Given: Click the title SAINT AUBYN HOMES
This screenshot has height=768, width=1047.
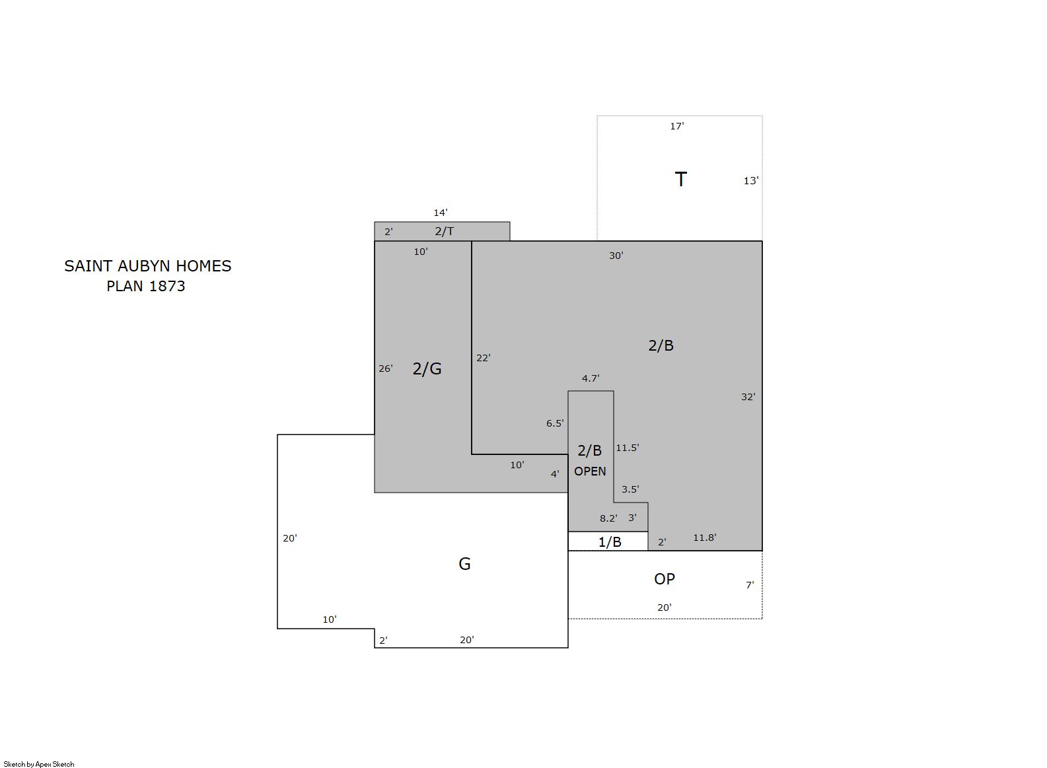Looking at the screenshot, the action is pos(148,266).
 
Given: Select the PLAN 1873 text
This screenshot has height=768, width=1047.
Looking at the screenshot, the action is pos(146,286).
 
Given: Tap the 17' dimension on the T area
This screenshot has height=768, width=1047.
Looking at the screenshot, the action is pos(677,126).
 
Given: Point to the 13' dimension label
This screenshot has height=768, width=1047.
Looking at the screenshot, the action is pos(750,181).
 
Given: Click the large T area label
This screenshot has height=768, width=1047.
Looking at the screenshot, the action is pos(680,180).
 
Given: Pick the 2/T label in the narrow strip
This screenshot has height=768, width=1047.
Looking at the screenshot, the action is pos(444,231).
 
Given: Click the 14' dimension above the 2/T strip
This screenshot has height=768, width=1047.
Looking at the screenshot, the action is pos(441,213).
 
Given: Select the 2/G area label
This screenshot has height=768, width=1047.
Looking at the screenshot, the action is pos(427,368).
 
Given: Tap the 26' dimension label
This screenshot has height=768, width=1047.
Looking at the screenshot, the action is pos(385,368).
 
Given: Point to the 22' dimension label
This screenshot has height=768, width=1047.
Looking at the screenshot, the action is pos(484,358).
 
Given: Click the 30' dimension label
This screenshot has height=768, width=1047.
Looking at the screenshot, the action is pos(616,256).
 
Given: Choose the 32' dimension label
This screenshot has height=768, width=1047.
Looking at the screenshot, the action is pos(748,397).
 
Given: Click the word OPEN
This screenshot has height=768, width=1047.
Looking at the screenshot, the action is pos(590,471).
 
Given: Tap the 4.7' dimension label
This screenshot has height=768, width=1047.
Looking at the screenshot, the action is pos(591,378).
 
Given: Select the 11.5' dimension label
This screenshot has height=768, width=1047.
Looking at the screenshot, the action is pos(628,448).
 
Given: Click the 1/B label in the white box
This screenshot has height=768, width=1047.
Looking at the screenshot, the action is pos(610,542).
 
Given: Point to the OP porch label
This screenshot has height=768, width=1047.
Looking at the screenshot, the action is pos(664,578).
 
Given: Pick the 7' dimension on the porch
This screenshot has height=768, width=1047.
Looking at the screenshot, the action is pos(750,585).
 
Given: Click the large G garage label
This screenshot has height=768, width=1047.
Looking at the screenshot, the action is pos(464,564).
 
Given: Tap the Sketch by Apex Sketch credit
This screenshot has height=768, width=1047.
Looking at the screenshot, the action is pos(39,764).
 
